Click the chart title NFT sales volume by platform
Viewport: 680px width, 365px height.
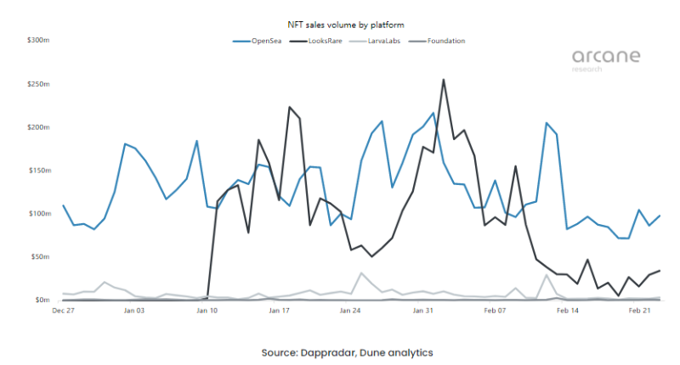click(x=338, y=26)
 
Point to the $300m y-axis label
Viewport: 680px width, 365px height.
click(x=40, y=41)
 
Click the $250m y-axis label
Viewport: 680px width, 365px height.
click(x=40, y=84)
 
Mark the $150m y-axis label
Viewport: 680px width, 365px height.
click(x=40, y=171)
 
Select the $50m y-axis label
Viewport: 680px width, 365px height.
click(x=42, y=256)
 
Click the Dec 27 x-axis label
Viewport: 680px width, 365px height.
click(x=64, y=312)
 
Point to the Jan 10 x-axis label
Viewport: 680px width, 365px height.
click(x=208, y=312)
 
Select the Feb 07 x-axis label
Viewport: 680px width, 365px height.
click(x=495, y=312)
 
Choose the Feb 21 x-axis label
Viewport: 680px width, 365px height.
click(x=639, y=312)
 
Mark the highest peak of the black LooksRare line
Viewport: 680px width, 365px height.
click(x=444, y=81)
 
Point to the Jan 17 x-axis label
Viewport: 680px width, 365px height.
click(x=280, y=312)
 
